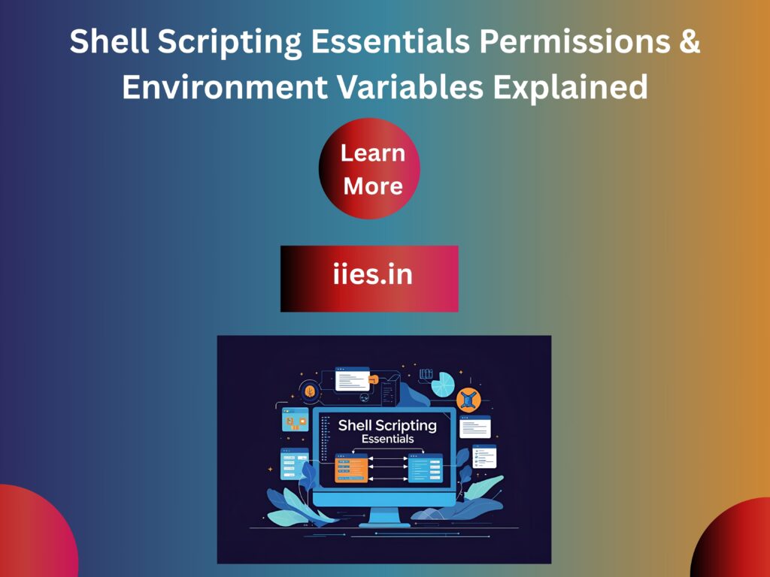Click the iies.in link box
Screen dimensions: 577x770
pos(369,278)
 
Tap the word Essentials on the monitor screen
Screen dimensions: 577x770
pos(387,439)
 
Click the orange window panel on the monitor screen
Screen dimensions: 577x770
pos(350,467)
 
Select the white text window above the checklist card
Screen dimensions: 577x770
pos(474,427)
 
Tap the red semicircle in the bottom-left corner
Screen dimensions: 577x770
pos(34,533)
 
